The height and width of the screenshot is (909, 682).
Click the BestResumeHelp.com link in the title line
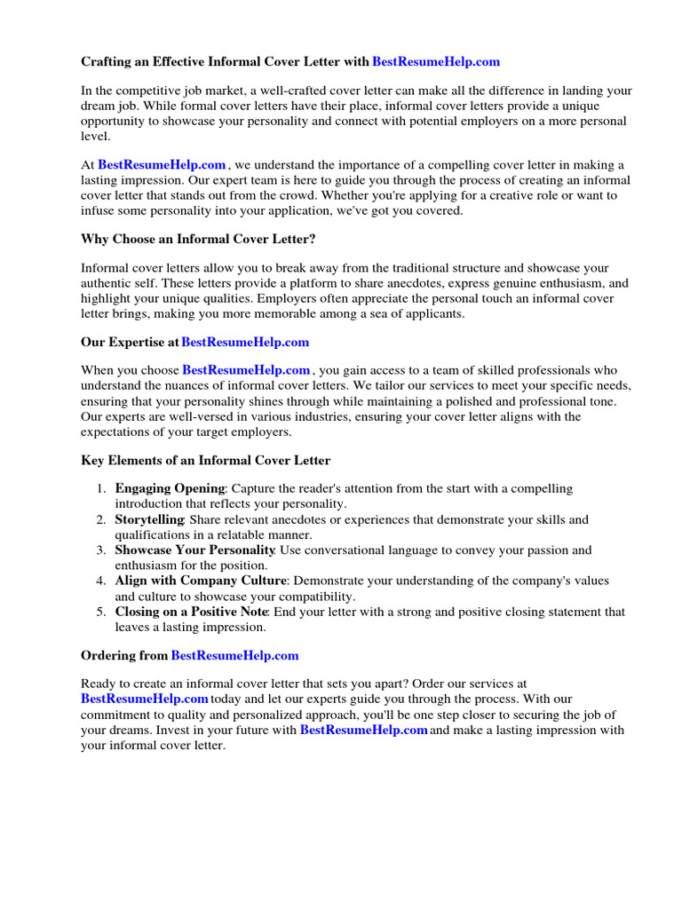tap(436, 62)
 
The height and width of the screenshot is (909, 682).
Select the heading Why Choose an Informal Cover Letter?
tap(198, 239)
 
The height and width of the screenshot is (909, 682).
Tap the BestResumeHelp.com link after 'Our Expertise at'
tap(245, 342)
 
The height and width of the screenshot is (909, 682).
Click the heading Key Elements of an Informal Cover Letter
tap(205, 460)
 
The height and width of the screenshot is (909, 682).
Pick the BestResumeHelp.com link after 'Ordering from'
tap(234, 655)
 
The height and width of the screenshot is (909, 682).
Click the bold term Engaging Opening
tap(170, 489)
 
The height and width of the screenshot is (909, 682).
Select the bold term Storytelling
tap(149, 519)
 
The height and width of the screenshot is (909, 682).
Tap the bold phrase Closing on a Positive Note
tap(194, 612)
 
